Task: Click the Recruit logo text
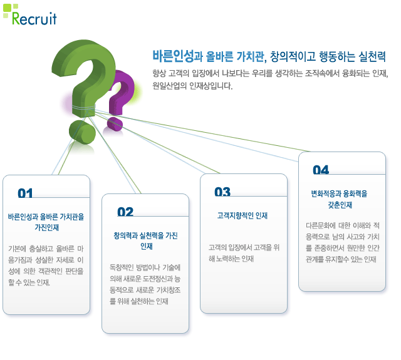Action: (34, 18)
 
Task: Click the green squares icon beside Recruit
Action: (10, 11)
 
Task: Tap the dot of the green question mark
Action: (82, 132)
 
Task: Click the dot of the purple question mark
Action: (115, 124)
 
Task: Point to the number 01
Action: (25, 193)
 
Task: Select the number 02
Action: (125, 212)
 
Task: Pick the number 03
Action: (222, 192)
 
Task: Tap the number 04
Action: (321, 170)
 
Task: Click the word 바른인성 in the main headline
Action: (174, 56)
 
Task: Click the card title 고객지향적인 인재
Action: (242, 215)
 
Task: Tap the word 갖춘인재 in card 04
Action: (340, 205)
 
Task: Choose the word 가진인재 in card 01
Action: (47, 227)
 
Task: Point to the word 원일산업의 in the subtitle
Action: (169, 86)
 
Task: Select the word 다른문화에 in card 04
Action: (321, 225)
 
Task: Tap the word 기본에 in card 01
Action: (17, 249)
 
